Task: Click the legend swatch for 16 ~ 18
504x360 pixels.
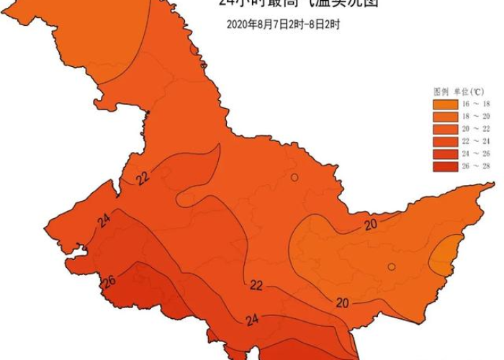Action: click(446, 104)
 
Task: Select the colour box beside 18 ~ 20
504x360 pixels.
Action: click(446, 117)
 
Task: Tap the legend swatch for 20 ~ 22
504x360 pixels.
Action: click(446, 129)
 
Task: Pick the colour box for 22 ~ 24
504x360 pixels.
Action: click(446, 141)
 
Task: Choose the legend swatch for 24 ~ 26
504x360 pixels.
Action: click(446, 153)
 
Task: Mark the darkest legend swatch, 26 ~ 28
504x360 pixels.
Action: click(446, 166)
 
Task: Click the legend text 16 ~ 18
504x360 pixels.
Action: click(477, 104)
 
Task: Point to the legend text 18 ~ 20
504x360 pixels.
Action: click(477, 117)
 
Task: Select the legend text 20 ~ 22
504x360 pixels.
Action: click(477, 129)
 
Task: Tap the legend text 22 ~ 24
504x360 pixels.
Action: click(477, 141)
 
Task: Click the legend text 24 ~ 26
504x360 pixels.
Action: click(477, 153)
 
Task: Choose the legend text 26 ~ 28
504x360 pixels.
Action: click(477, 166)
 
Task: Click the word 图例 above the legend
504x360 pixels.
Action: click(441, 91)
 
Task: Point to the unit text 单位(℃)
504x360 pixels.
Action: click(473, 91)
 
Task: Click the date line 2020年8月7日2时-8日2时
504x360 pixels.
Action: click(283, 24)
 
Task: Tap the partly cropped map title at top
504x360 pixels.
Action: click(298, 4)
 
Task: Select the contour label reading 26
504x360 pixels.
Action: click(109, 281)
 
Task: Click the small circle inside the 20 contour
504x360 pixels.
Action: click(392, 266)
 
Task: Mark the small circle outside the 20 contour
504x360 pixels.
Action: click(294, 177)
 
